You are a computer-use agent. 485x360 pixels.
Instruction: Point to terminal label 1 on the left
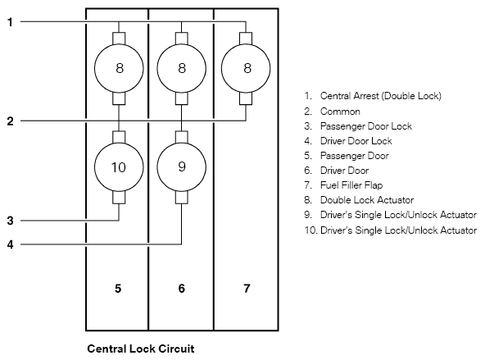pos(10,22)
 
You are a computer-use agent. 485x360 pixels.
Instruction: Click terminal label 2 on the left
pos(10,121)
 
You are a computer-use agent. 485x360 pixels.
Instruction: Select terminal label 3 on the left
pos(10,221)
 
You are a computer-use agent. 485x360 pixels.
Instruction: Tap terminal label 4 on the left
pos(10,244)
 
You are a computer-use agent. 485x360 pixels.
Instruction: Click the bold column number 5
pos(118,289)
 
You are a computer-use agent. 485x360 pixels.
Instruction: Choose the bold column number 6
pos(182,289)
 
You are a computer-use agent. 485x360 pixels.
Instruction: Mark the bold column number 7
pos(247,289)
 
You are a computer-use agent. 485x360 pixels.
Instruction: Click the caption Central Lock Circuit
pos(141,349)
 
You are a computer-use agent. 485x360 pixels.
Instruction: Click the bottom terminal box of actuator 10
pos(119,198)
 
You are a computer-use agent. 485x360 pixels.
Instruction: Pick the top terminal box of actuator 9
pos(182,137)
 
